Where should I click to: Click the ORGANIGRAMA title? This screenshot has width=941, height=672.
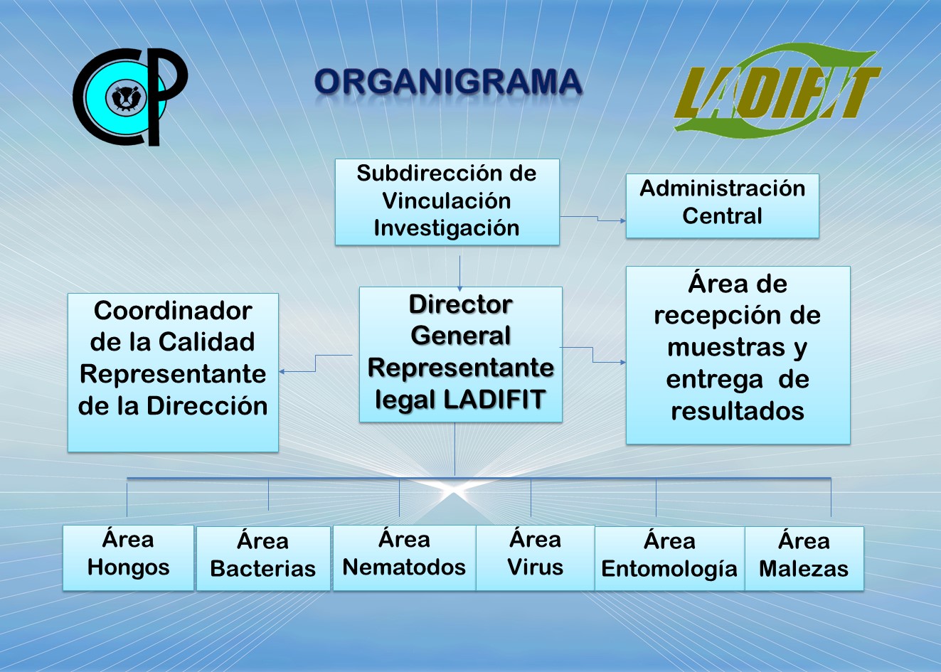(448, 82)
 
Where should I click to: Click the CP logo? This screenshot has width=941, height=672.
(130, 97)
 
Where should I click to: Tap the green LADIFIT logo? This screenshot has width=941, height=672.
(777, 91)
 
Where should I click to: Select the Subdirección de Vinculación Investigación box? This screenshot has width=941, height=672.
(447, 202)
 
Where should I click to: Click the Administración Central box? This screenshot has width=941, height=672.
(722, 206)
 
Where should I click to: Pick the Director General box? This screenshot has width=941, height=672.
(460, 354)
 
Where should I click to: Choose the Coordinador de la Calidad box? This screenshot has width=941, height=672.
(173, 373)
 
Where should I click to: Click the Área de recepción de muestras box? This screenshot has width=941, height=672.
(738, 355)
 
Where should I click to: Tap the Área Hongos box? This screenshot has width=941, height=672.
(128, 558)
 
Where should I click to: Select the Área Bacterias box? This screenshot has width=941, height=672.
(263, 559)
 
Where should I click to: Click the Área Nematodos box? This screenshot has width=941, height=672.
(404, 558)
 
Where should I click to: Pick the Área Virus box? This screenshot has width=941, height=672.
(535, 558)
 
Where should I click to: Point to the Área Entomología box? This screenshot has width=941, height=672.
(669, 559)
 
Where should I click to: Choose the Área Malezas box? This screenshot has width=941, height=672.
(804, 559)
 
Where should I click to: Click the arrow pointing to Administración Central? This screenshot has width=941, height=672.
(597, 218)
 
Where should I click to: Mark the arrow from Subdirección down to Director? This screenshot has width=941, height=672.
(459, 273)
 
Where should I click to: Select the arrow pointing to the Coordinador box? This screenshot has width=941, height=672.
(316, 363)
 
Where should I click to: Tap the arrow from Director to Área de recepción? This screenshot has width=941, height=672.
(592, 355)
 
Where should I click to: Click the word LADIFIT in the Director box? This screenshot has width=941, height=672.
(495, 399)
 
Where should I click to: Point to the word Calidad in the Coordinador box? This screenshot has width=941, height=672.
(206, 341)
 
